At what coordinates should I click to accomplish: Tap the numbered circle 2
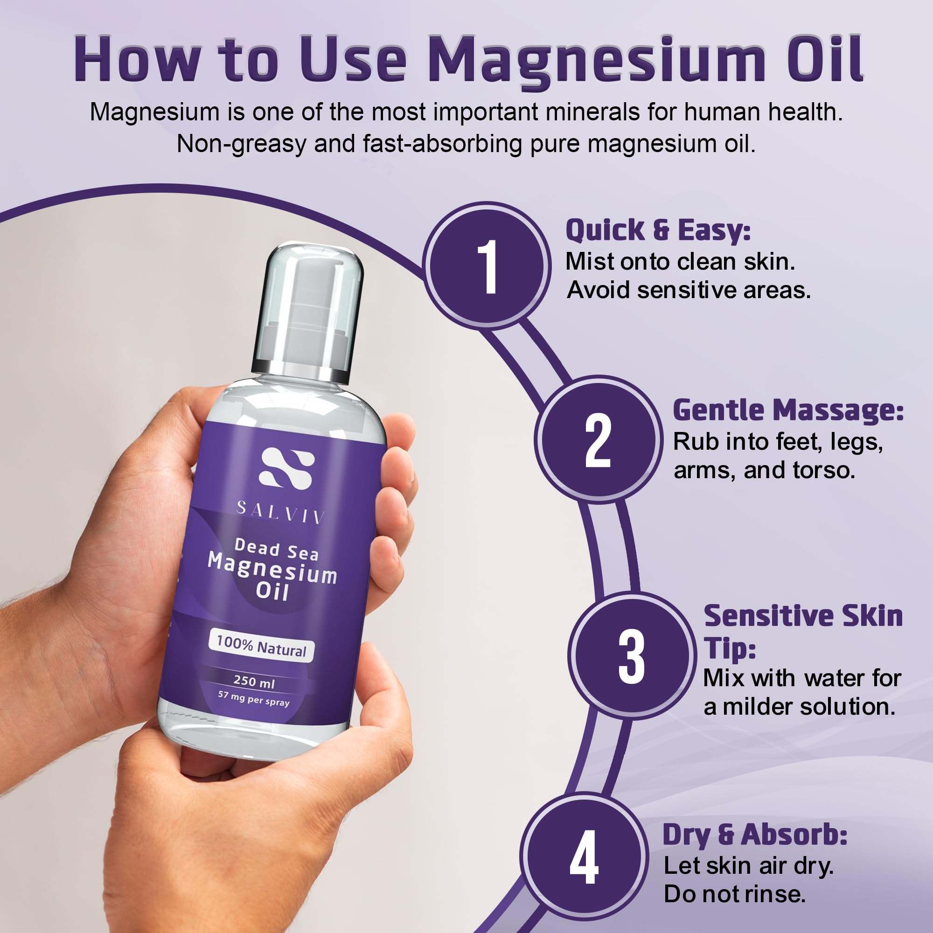click(x=598, y=440)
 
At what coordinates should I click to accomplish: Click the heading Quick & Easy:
click(x=658, y=230)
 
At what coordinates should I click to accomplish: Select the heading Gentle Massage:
click(x=788, y=411)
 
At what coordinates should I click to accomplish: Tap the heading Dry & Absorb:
click(x=755, y=835)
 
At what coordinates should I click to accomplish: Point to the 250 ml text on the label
click(x=254, y=682)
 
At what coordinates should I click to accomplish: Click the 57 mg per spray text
click(x=253, y=698)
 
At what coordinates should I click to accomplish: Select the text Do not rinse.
click(x=735, y=894)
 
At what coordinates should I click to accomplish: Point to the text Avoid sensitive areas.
click(x=689, y=290)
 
